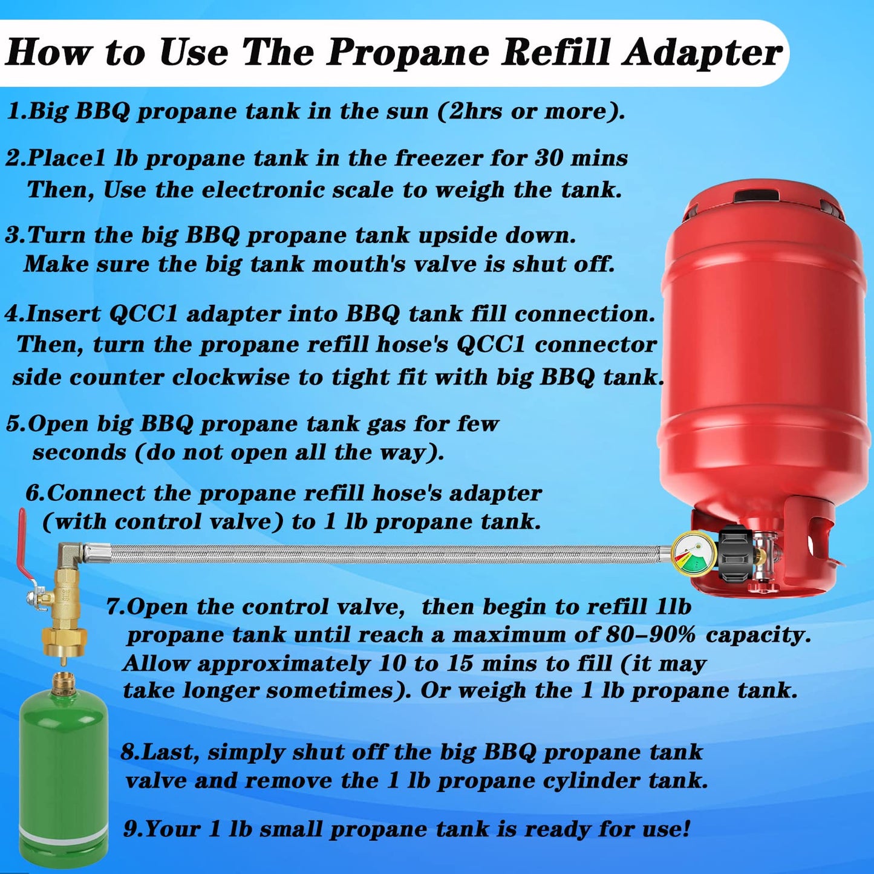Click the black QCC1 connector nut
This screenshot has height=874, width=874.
pos(735,556)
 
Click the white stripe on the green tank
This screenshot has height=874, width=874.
pos(63,829)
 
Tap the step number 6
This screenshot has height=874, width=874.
pos(33,493)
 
